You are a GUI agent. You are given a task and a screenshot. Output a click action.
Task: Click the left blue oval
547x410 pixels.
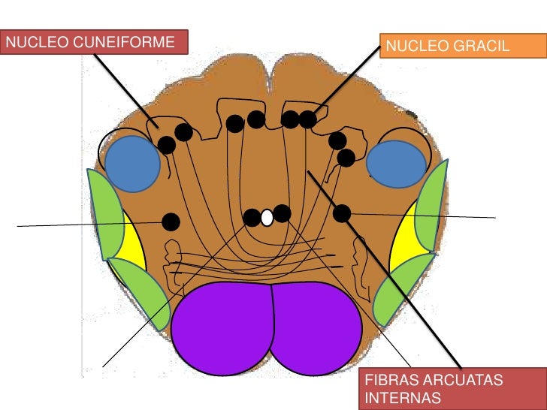(131, 163)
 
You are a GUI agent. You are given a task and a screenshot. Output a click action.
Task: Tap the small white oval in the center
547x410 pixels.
(267, 218)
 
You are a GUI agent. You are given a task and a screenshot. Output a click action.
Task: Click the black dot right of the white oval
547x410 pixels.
(282, 213)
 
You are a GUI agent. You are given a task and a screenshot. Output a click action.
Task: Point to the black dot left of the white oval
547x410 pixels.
(252, 218)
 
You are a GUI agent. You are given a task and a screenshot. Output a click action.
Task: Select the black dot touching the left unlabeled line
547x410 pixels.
(171, 222)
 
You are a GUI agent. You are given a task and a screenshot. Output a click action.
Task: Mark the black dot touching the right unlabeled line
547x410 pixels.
(342, 213)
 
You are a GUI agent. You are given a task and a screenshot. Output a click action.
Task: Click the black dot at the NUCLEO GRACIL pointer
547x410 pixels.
(307, 119)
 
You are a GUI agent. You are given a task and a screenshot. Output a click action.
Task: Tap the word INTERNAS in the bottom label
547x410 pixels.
(399, 397)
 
